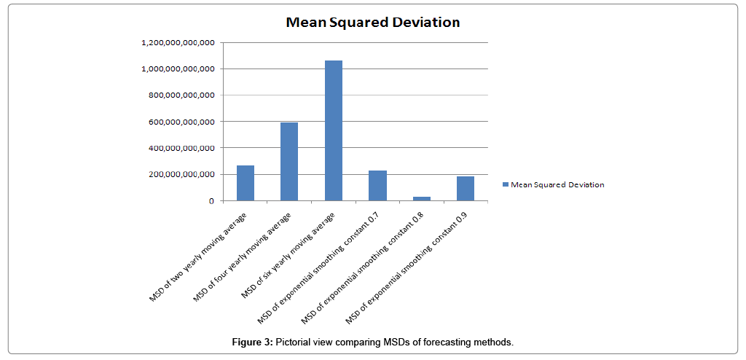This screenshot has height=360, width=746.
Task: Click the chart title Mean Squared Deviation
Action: (372, 22)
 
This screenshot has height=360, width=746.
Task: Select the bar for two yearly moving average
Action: (246, 183)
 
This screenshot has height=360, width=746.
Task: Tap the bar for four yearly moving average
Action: (289, 162)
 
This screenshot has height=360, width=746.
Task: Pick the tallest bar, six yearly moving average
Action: (333, 130)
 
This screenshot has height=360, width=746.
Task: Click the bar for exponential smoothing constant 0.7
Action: (377, 185)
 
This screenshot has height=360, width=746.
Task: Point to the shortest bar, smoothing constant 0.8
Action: (421, 198)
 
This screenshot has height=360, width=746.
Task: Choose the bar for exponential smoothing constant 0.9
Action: (465, 188)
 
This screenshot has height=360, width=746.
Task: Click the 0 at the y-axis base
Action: (211, 201)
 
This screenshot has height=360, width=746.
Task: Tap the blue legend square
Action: (506, 185)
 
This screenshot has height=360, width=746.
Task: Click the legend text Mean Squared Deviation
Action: (557, 185)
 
